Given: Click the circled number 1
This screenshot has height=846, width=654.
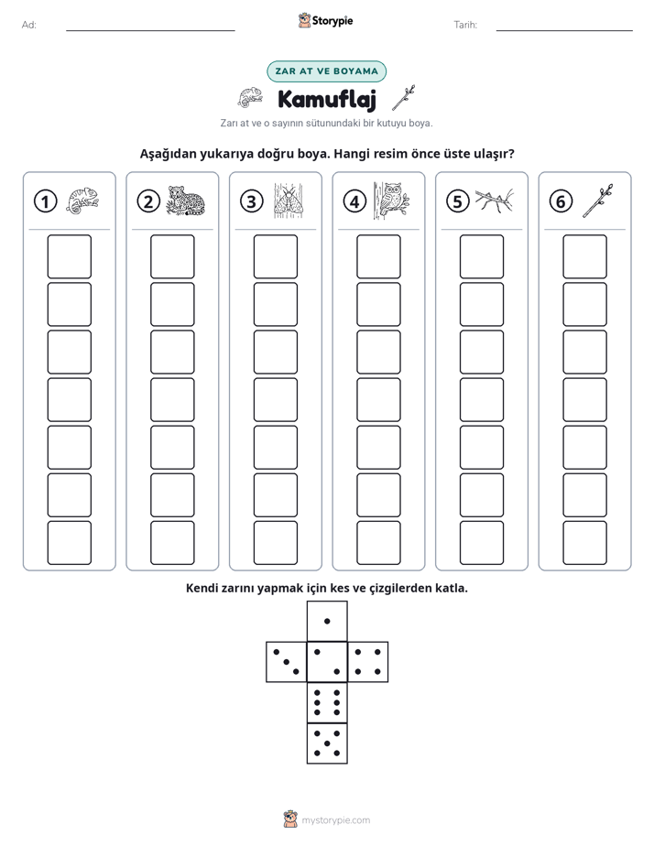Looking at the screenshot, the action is (x=45, y=201).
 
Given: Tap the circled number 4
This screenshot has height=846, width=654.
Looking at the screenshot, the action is (x=354, y=201).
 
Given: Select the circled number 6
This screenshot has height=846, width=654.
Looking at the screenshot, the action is (x=561, y=201).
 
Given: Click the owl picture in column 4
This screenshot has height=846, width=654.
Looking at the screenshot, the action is (x=391, y=201).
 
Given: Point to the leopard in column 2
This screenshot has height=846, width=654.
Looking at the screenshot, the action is (x=185, y=201).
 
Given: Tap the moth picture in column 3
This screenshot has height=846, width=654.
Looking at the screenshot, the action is (x=289, y=201).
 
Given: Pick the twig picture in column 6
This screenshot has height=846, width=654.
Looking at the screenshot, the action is (x=597, y=201).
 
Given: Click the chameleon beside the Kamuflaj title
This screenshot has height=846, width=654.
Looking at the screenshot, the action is (x=250, y=98).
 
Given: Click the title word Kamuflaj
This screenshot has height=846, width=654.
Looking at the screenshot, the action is (x=326, y=99).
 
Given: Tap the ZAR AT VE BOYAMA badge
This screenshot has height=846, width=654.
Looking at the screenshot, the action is (x=326, y=71).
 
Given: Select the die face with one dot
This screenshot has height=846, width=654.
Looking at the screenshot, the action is (x=327, y=621).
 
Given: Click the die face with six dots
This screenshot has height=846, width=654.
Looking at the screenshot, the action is (x=327, y=702).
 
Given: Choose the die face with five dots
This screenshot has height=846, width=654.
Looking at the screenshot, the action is (x=327, y=743).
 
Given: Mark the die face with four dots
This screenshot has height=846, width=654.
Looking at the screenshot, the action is (x=368, y=662).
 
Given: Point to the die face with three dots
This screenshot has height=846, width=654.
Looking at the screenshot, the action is (x=287, y=662).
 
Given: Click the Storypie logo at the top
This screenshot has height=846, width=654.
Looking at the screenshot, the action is (x=325, y=20).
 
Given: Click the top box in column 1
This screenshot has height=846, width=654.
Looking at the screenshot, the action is (x=69, y=256).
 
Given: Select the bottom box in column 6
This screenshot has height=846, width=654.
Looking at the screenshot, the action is (x=585, y=543).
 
